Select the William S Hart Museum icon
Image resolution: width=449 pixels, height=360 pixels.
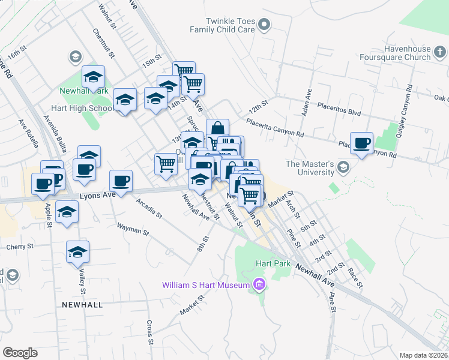(x=259, y=284)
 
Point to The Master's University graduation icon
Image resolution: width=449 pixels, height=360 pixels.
(x=343, y=167)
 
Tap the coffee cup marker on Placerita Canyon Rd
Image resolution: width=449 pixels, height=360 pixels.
(x=361, y=144)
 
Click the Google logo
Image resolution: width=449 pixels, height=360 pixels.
(x=20, y=353)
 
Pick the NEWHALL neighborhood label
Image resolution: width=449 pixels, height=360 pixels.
(x=82, y=305)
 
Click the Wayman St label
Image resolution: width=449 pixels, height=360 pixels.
(x=132, y=229)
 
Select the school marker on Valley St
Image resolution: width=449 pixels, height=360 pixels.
(x=77, y=253)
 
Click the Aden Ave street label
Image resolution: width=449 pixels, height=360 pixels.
(x=307, y=102)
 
